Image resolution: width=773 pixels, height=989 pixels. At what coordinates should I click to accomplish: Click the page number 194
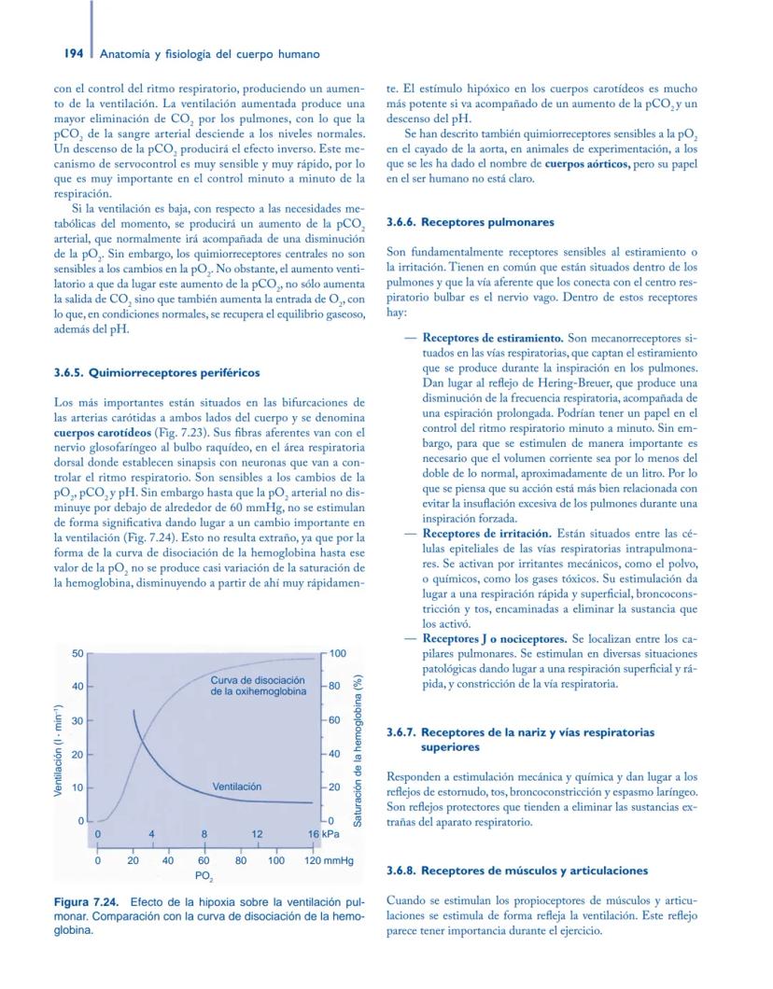(76, 53)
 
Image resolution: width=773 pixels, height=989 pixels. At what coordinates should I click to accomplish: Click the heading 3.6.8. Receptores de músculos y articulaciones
(516, 871)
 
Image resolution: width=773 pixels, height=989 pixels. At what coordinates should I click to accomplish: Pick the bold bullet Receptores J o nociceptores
(494, 639)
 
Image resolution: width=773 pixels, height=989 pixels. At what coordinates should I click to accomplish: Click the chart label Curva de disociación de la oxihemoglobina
(258, 684)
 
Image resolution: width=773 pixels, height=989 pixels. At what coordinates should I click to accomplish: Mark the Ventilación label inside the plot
(237, 787)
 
